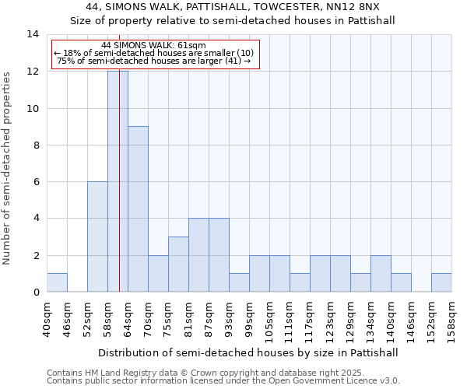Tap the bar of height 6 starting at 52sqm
pos(97,237)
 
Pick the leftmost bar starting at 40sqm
pos(57,282)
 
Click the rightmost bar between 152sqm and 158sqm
pos(441,282)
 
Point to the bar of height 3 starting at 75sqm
pos(178,264)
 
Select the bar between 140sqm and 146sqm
pos(401,282)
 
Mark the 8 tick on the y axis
pos(35,145)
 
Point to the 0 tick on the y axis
pos(35,292)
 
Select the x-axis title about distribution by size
pos(249,352)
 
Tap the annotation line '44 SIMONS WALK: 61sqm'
pos(154,46)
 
